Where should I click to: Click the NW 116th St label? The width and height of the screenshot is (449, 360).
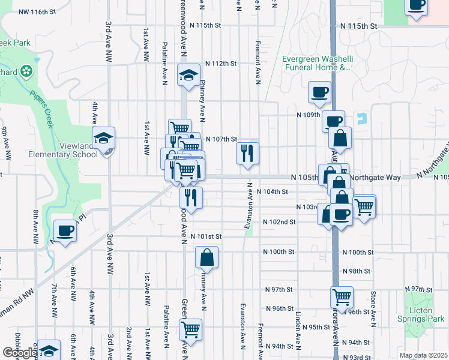click(37, 11)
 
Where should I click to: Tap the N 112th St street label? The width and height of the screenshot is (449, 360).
click(221, 63)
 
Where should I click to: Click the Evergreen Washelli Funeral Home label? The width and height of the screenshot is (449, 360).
click(316, 63)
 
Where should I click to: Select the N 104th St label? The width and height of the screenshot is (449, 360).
click(273, 191)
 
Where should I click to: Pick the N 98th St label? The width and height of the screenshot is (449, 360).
click(356, 271)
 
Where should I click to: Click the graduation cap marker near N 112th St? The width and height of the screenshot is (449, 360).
click(188, 76)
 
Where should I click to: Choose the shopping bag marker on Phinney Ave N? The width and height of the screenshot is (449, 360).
click(206, 257)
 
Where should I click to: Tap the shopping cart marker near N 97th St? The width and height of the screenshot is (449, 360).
click(342, 297)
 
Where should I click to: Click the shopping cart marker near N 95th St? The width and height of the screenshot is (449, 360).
click(190, 329)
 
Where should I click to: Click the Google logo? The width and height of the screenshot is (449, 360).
click(19, 353)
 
